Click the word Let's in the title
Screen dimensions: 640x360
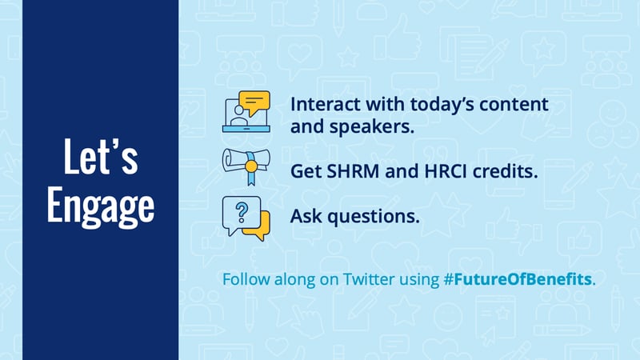tap(101, 156)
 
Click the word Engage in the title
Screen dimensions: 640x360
tap(101, 206)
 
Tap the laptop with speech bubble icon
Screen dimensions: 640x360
tap(246, 111)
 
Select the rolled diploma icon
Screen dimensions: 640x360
tap(246, 166)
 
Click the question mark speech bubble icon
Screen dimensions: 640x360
tap(246, 218)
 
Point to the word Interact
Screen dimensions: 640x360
tap(326, 105)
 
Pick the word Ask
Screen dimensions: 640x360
tap(306, 216)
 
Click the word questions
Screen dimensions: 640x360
tap(374, 217)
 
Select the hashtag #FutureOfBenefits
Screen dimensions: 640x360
tap(518, 279)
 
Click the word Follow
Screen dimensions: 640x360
tap(246, 279)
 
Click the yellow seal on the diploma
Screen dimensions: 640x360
tap(251, 166)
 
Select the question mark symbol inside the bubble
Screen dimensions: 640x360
tap(242, 213)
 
